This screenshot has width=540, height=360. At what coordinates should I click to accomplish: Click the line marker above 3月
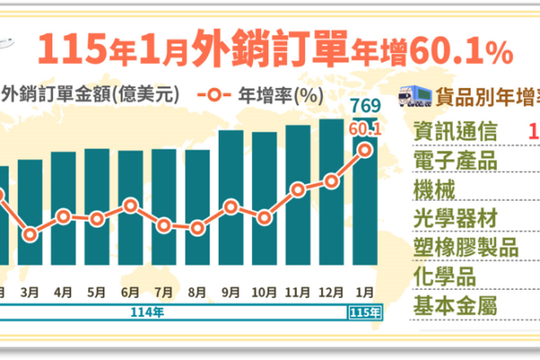click(x=30, y=235)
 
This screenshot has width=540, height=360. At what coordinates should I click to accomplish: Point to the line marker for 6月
click(x=130, y=205)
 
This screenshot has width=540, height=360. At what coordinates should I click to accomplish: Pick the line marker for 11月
click(x=298, y=190)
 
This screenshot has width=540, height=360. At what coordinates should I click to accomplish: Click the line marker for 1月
click(x=365, y=149)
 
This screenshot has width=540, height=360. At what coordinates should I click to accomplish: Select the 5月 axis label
click(x=97, y=292)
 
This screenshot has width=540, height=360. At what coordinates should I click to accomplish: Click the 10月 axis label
click(x=265, y=292)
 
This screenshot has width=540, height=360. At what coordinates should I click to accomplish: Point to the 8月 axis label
click(x=198, y=292)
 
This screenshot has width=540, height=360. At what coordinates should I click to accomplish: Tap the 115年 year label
click(x=364, y=312)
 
